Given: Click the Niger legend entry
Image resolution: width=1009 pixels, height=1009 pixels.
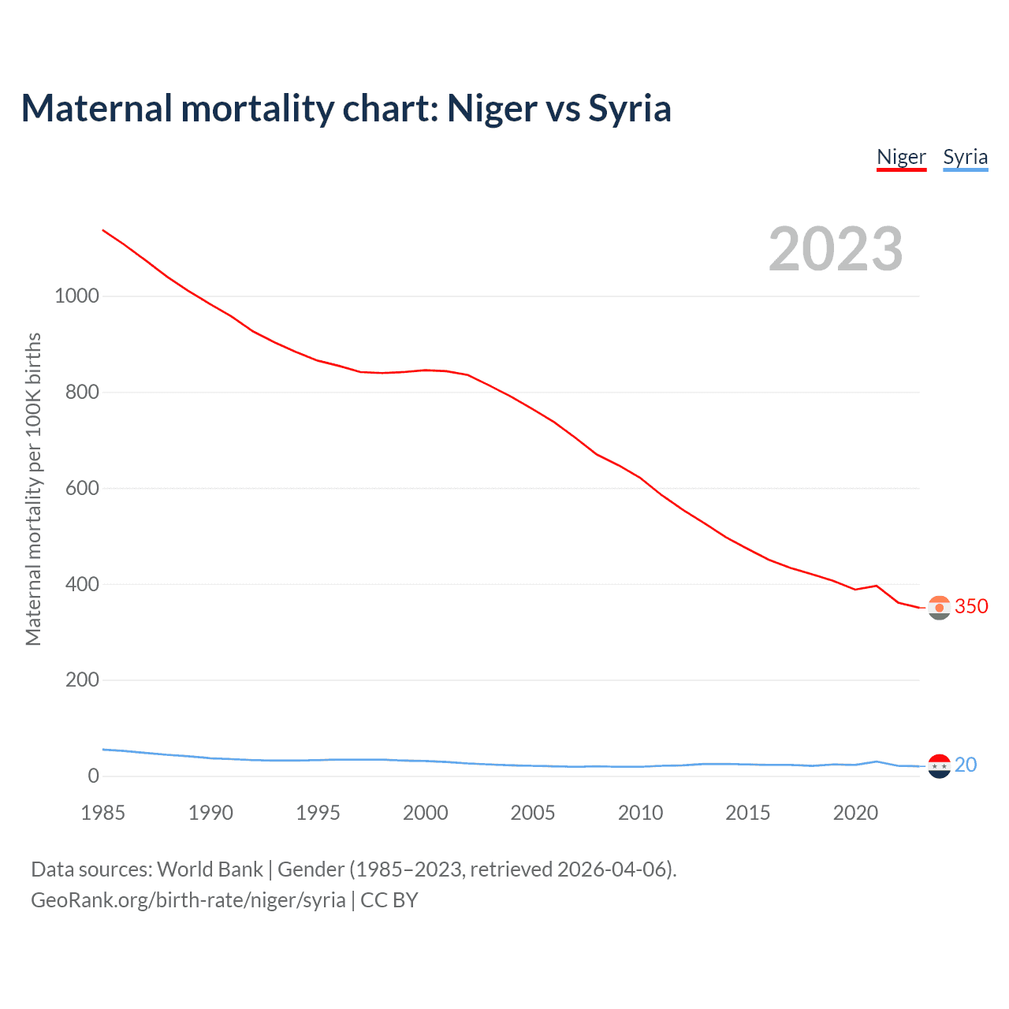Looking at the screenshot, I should coord(901,157).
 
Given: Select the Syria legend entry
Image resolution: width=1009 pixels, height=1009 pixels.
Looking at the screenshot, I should coord(965,157).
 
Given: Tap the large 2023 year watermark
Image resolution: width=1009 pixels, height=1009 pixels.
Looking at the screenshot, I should coord(836,249).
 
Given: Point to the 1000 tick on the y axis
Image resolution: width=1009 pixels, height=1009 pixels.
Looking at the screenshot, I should coord(77,296).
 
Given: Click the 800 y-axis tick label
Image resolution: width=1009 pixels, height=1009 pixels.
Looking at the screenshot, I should coord(83,393).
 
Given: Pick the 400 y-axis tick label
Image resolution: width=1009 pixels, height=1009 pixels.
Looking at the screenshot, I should coord(83,584).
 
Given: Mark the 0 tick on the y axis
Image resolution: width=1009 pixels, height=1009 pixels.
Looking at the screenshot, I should coord(94,776).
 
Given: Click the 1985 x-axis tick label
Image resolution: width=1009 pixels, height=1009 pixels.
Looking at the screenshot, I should coord(103,813).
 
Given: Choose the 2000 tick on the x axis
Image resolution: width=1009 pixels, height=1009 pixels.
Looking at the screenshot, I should coord(426,813).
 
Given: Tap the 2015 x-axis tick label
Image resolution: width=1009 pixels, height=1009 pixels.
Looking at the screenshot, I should coord(748,813).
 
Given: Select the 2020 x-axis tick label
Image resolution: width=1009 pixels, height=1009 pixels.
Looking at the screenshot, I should coord(855,813).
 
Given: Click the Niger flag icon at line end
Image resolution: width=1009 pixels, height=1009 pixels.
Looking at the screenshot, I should coord(939,608).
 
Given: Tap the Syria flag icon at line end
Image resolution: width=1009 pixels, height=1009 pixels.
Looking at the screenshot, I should coord(939,765).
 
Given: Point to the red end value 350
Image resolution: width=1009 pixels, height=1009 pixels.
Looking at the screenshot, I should coord(971,606).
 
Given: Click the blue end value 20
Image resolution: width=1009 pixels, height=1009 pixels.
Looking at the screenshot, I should coord(966,765).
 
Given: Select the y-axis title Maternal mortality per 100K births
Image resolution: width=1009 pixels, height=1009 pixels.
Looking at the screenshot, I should coord(33,489).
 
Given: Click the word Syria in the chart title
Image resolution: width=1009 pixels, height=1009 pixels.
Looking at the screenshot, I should coord(630,108).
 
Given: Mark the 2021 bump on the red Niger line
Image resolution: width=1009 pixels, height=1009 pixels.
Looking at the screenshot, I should coord(877,586).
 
